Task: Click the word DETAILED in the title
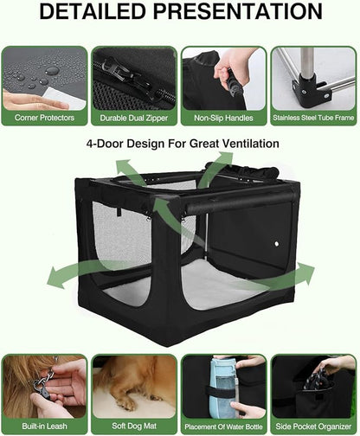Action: point(91,14)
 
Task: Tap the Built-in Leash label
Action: point(43,426)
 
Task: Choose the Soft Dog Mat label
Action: point(134,426)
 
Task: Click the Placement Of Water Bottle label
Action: point(223,426)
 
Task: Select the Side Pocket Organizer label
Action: point(313,426)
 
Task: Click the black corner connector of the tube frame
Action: point(305,88)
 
